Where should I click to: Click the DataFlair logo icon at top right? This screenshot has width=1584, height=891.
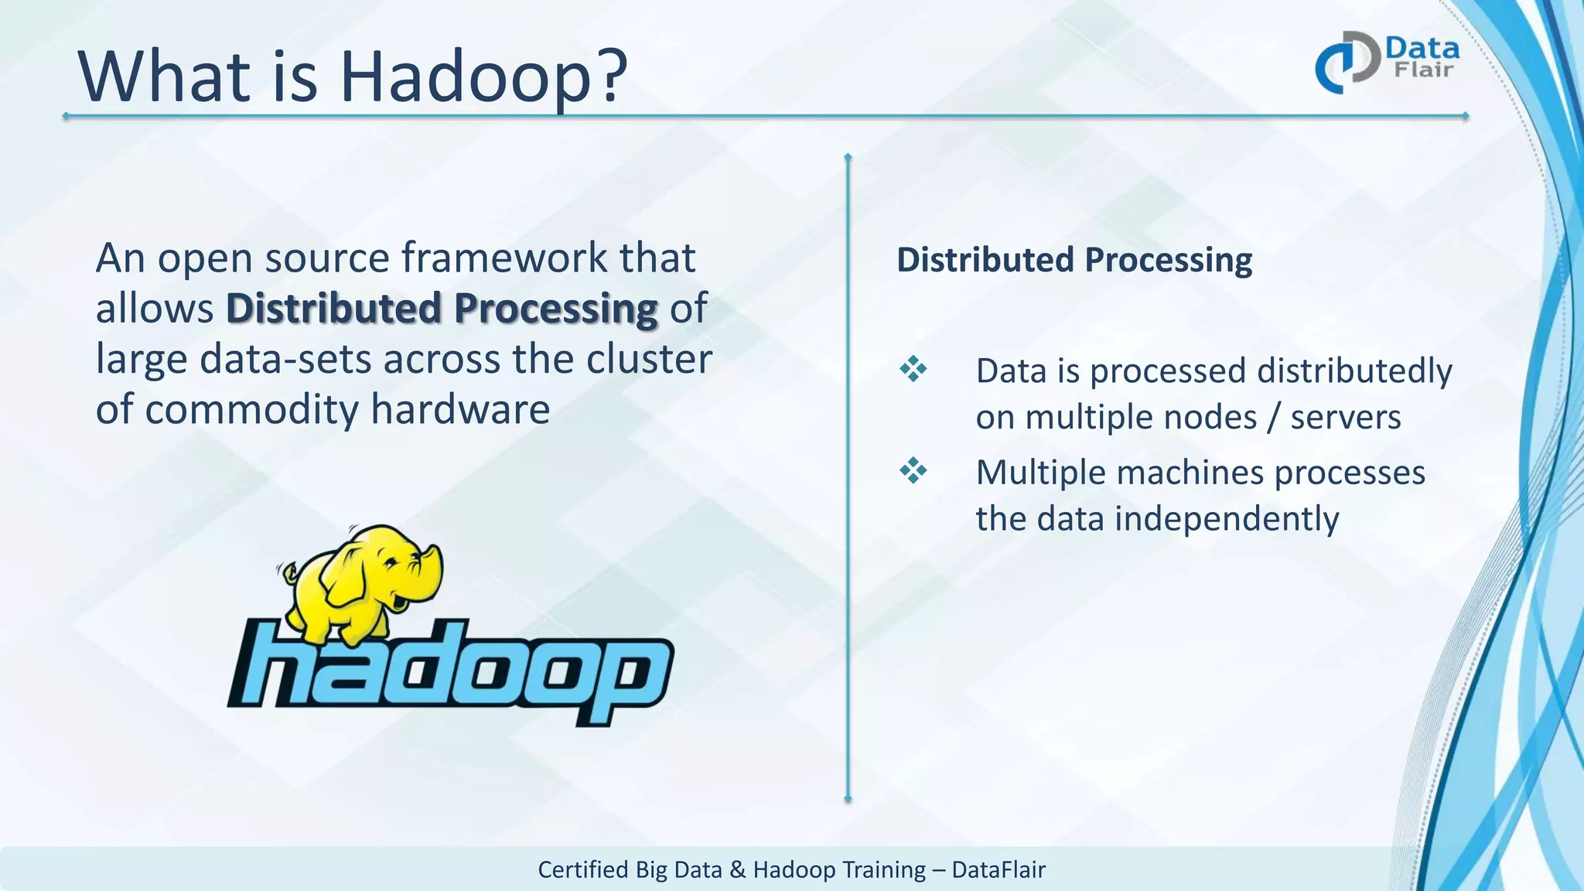[1347, 62]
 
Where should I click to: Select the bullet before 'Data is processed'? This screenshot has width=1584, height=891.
[913, 369]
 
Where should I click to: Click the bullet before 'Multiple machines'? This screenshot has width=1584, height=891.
[913, 470]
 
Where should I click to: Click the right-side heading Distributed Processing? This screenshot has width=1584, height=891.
[1074, 259]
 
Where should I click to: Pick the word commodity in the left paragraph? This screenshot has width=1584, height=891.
[252, 409]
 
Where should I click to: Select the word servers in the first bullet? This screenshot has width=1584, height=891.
[1345, 418]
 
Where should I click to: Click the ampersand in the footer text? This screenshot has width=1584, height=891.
[737, 869]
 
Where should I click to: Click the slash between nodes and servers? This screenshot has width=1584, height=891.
[1273, 418]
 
